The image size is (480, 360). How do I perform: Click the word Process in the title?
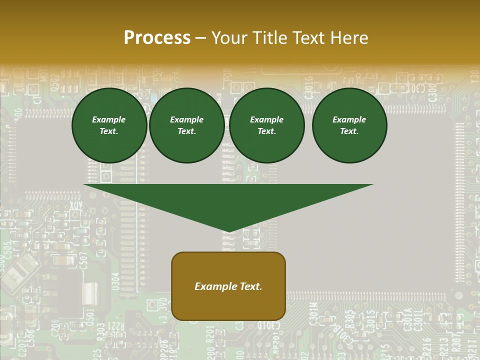157,38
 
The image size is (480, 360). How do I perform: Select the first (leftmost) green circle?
109,125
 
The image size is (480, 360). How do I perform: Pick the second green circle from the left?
187,125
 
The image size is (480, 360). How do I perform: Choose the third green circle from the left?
267,125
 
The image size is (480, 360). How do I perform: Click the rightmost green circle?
349,125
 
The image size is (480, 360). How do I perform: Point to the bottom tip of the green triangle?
229,231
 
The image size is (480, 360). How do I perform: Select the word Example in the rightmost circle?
349,119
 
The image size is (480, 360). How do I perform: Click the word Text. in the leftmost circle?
109,131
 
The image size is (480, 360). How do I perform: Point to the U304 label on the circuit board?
116,281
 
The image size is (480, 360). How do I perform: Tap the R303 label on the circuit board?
100,331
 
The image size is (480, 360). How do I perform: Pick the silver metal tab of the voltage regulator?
89,292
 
